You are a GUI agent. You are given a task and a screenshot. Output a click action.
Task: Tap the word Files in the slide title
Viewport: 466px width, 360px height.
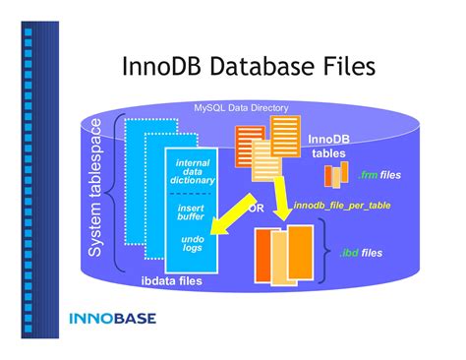tap(341, 66)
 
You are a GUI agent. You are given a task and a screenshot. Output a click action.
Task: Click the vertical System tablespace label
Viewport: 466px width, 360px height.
tap(95, 190)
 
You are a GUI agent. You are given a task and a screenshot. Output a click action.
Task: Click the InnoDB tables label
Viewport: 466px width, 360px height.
tap(328, 146)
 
